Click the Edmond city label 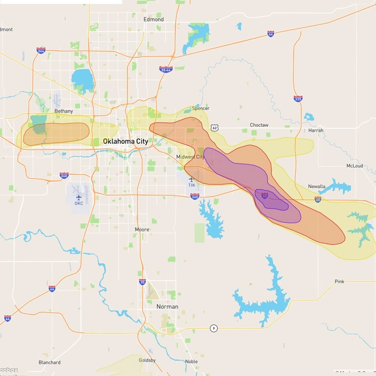153,20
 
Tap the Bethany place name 64,111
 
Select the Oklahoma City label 125,141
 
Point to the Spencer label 201,108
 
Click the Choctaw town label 259,125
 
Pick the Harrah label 316,131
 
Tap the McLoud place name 354,166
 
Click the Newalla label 317,187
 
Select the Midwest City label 190,157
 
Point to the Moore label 142,230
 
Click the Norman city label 167,307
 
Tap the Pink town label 339,282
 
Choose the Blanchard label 49,363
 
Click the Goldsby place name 147,361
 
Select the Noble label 191,362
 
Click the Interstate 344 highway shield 41,50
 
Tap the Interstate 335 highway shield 298,98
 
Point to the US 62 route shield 214,127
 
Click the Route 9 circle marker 213,328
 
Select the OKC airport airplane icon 78,197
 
